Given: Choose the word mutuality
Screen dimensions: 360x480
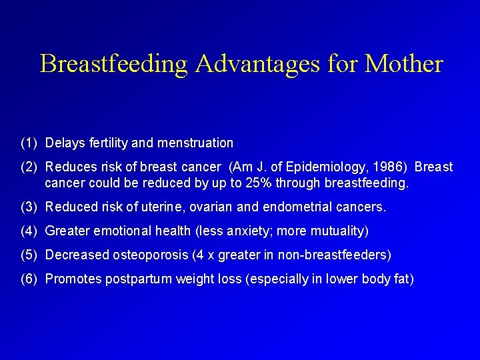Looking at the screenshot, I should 337,231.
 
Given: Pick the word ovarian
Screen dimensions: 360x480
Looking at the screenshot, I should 211,207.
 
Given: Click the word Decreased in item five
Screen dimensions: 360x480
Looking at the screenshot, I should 73,255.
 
